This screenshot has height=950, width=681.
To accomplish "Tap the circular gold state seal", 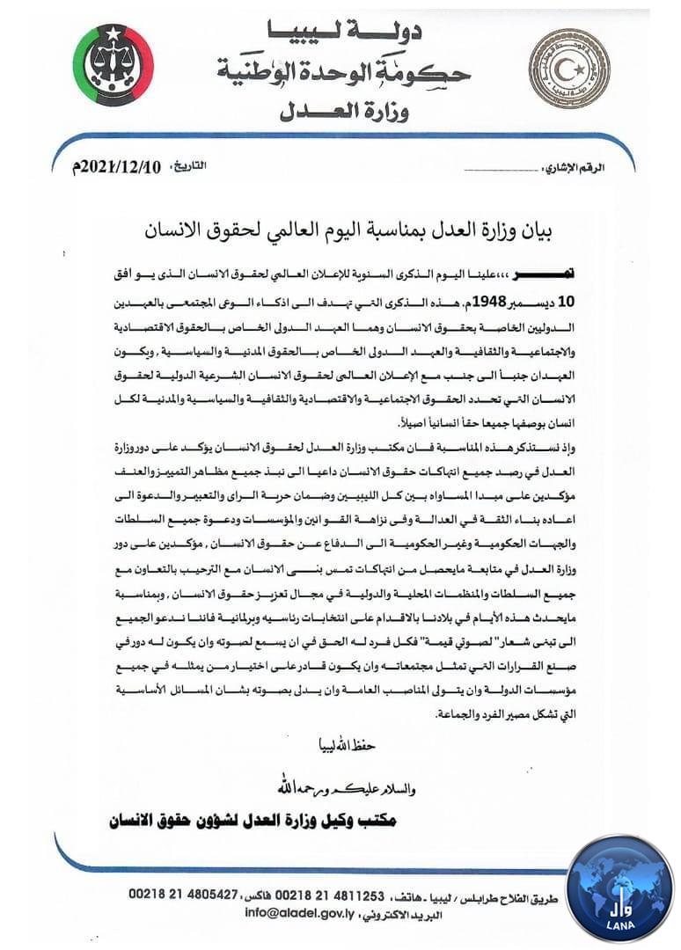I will (568, 68).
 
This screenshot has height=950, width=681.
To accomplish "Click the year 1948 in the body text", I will (486, 299).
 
